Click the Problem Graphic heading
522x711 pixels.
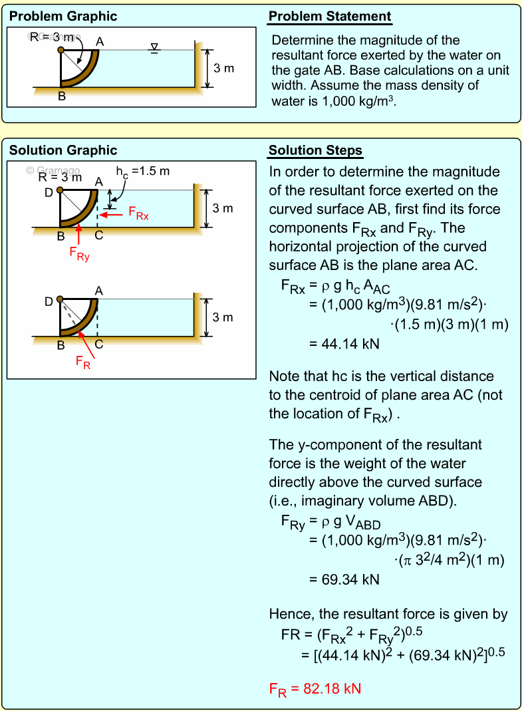tap(63, 17)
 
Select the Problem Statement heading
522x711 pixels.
tap(330, 17)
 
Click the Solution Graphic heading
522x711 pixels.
tap(63, 150)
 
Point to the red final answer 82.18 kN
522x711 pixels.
tap(315, 688)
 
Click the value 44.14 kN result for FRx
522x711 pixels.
tap(344, 345)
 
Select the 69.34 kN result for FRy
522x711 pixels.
tap(344, 579)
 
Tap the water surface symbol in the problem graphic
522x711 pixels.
tap(154, 48)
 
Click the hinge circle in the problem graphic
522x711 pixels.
tap(61, 50)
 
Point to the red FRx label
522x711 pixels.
tap(138, 213)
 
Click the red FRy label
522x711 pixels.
tap(79, 253)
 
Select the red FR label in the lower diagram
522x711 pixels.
tap(83, 362)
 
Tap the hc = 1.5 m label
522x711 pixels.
tap(142, 172)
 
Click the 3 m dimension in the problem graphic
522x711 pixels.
tap(224, 69)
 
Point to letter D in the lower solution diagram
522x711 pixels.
tap(49, 302)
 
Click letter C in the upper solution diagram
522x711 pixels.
tap(98, 235)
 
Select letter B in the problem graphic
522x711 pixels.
tap(61, 96)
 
